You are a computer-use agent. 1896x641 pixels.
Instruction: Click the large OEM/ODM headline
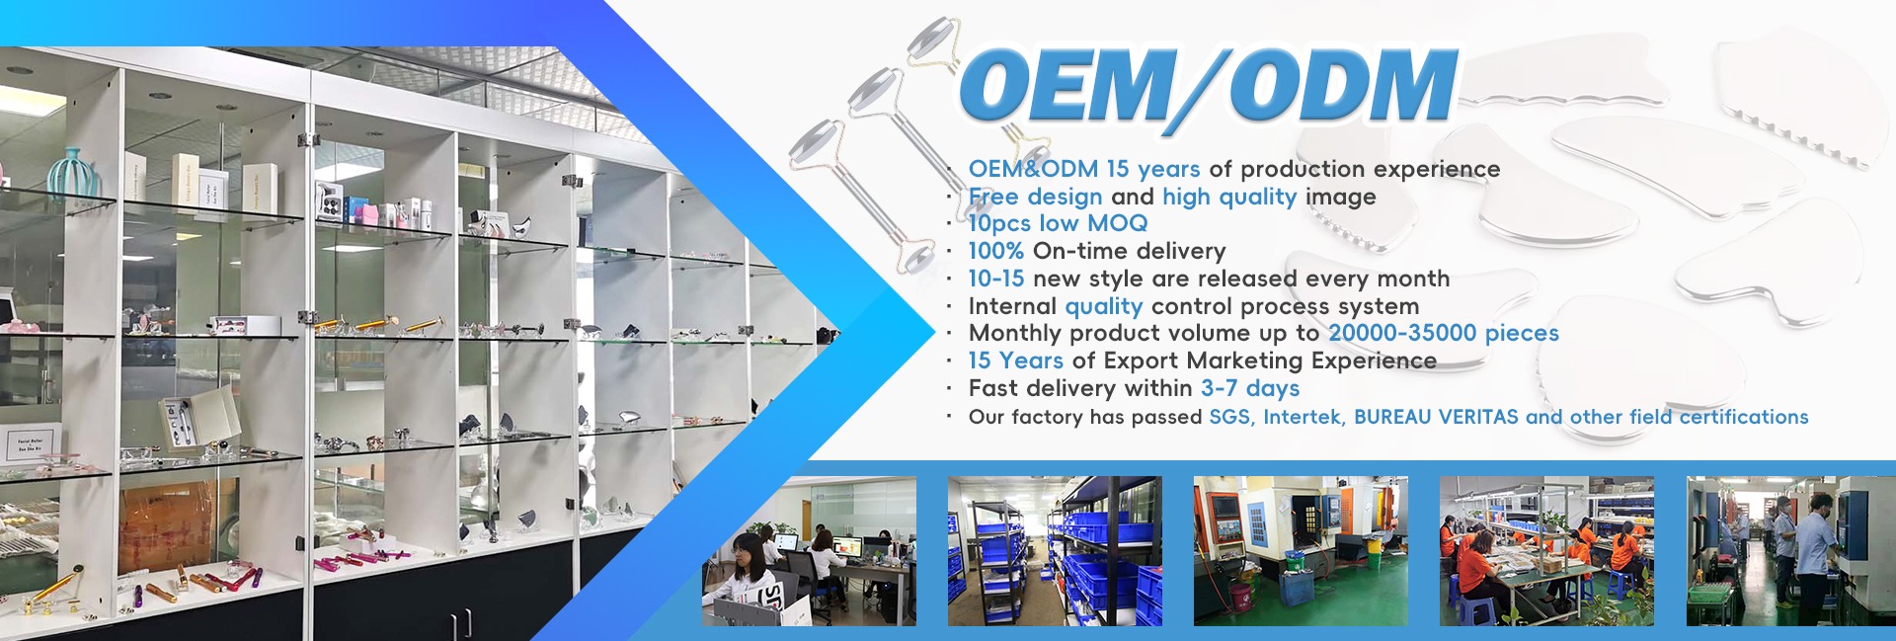click(1208, 87)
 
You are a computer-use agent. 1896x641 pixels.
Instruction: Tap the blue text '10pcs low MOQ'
click(1058, 223)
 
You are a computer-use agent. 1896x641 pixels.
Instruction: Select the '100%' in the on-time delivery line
click(995, 251)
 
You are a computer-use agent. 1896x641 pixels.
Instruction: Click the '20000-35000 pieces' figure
click(1444, 333)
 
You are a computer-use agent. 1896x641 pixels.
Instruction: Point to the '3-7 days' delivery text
click(1250, 388)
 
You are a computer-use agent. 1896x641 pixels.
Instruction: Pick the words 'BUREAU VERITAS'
click(1436, 417)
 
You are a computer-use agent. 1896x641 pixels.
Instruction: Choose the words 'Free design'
click(1035, 197)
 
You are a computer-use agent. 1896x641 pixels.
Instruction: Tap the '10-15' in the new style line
click(995, 279)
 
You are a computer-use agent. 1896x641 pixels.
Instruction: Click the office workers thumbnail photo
click(809, 551)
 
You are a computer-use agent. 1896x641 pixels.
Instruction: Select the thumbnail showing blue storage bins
click(1055, 551)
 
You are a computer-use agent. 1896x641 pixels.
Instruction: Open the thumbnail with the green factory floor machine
click(1301, 551)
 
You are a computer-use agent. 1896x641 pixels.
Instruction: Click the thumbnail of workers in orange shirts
click(1546, 551)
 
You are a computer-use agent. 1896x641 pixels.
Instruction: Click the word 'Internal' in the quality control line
click(1012, 306)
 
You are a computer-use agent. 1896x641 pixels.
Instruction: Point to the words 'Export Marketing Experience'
click(1270, 361)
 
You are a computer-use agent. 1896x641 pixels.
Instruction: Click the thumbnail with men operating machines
click(1790, 551)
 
